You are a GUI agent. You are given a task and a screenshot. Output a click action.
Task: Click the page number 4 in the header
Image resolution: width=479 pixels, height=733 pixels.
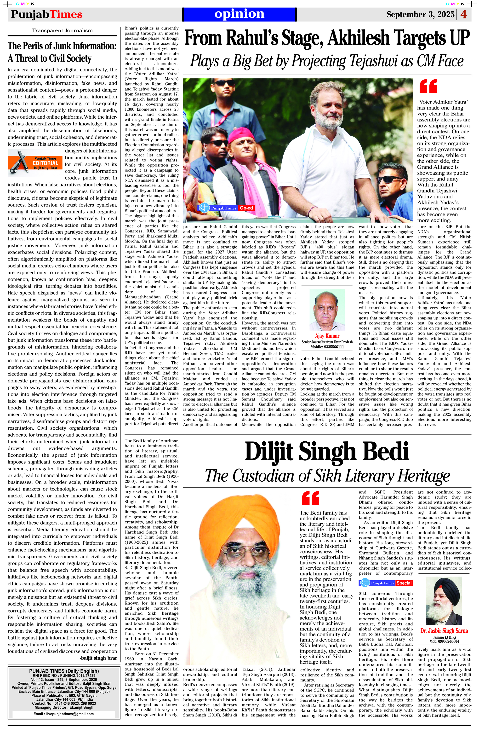pos(464,14)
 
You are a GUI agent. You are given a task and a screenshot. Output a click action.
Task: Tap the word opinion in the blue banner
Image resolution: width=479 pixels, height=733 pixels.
pos(239,14)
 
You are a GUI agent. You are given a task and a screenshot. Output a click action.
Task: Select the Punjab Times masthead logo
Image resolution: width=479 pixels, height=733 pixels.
pos(47,14)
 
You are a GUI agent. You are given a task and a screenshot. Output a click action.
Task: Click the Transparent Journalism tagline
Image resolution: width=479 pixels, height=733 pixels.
pos(62,30)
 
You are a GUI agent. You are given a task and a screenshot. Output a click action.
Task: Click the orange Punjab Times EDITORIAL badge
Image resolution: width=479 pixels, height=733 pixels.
pos(35,161)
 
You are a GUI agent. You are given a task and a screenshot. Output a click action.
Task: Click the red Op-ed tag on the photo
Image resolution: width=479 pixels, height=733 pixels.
pos(246,208)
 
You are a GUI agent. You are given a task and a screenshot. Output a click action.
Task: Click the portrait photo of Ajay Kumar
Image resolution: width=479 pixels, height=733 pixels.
pos(327,310)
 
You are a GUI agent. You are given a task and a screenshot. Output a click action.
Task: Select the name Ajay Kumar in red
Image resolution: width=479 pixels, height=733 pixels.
pos(327,336)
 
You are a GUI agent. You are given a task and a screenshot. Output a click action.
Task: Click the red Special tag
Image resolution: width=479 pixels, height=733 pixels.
pos(404,583)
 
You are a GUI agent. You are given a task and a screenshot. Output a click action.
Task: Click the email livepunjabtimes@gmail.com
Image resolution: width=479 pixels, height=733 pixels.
pos(63,714)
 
